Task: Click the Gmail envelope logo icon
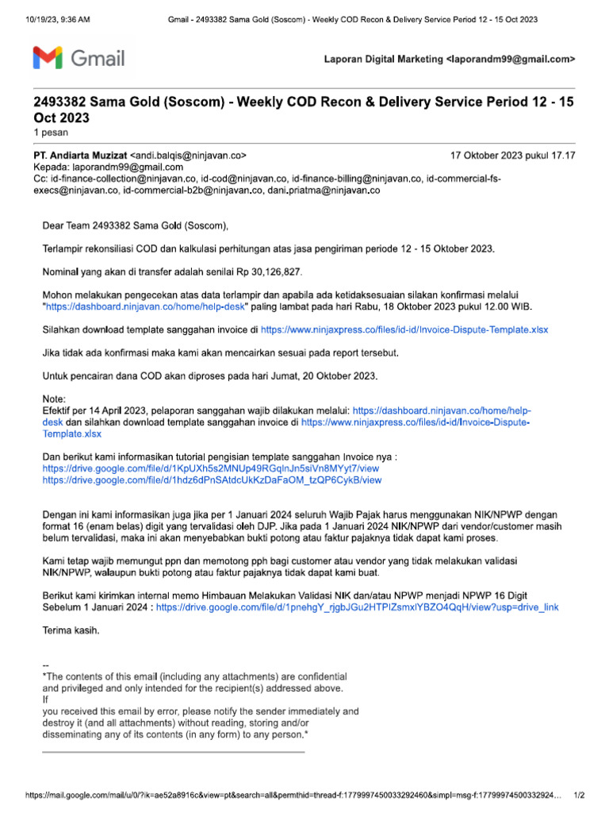click(48, 58)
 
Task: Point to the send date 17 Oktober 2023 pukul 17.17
click(512, 156)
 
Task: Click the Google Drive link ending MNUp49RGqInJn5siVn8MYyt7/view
click(212, 469)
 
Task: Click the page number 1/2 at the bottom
click(579, 796)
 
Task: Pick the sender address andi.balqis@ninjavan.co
click(190, 156)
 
